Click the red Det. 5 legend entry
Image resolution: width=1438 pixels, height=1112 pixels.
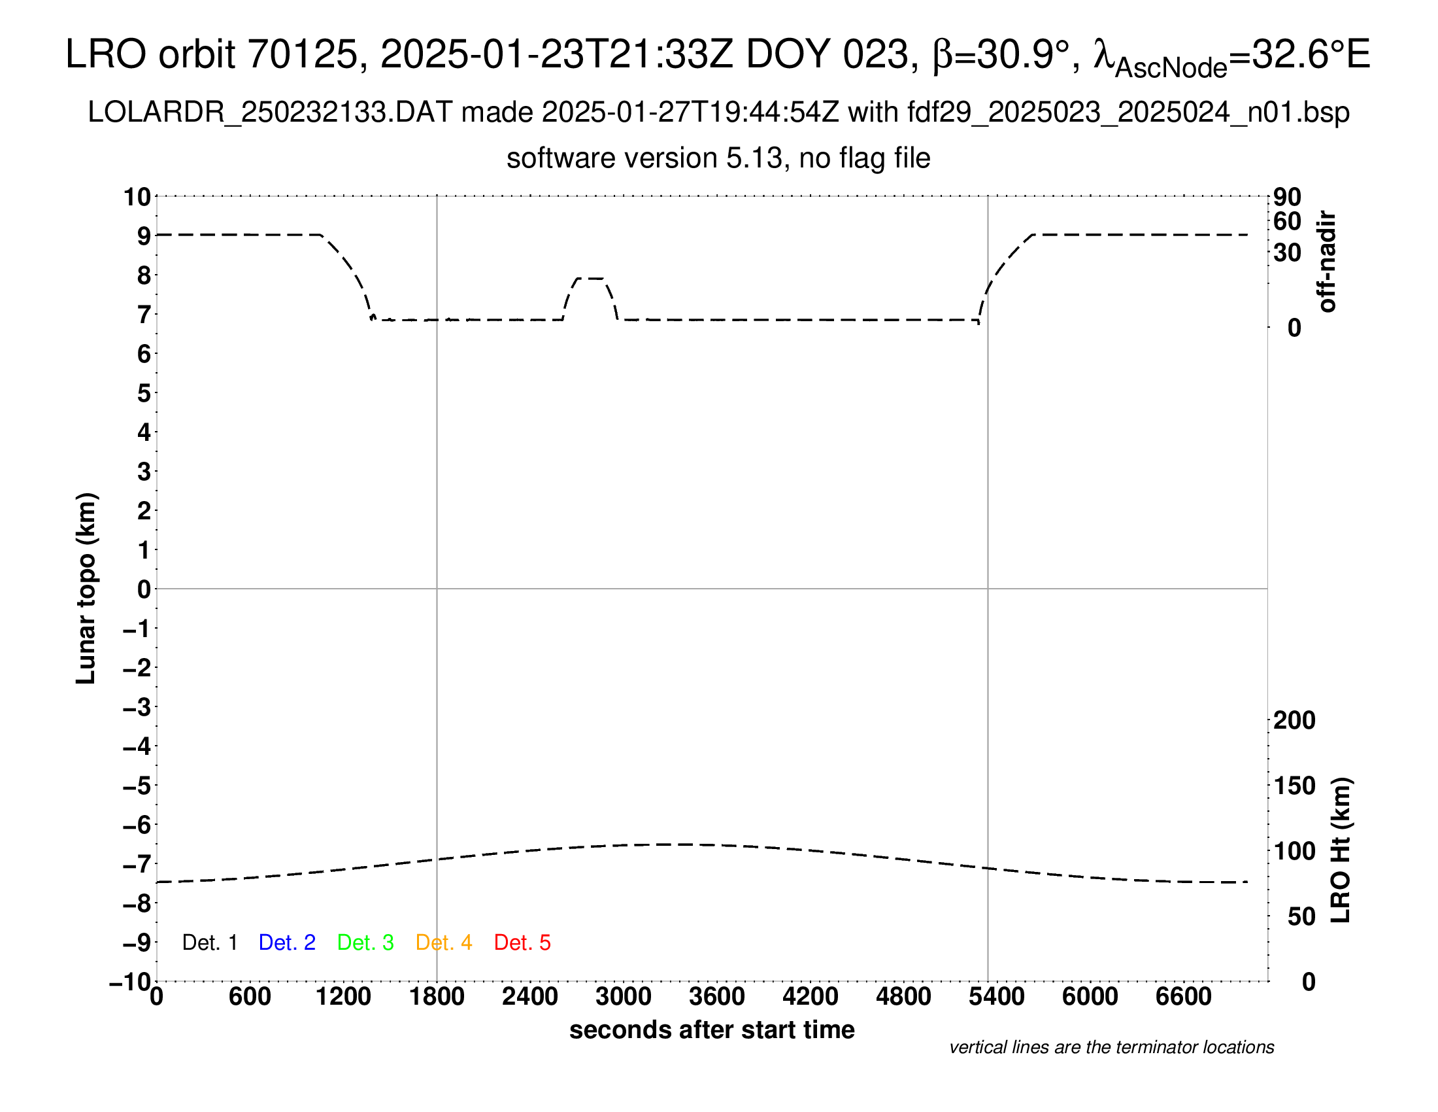tap(522, 943)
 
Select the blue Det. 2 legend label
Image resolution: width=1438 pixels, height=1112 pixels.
tap(287, 943)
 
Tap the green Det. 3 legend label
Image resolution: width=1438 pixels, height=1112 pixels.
tap(365, 943)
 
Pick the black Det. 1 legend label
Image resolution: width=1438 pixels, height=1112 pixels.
tap(209, 943)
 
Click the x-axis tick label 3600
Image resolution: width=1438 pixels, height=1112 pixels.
tap(717, 997)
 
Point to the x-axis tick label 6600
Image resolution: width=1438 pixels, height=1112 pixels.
tap(1183, 997)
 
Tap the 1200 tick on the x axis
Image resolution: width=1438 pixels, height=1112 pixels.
tap(343, 997)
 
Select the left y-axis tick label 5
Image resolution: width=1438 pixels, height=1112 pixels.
tap(144, 393)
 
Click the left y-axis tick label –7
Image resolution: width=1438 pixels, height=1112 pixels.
tap(137, 863)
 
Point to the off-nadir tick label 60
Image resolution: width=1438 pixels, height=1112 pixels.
tap(1287, 221)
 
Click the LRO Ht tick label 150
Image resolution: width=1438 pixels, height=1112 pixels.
tap(1294, 785)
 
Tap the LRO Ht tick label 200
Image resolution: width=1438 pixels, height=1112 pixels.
tap(1294, 720)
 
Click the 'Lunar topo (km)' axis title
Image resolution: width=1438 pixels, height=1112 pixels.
tap(86, 588)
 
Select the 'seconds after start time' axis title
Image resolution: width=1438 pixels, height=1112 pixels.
tap(712, 1030)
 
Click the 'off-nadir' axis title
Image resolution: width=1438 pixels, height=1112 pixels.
tap(1327, 262)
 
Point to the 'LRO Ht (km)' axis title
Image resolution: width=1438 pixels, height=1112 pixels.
tap(1341, 850)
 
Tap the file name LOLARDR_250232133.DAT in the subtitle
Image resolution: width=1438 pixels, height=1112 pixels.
tap(270, 113)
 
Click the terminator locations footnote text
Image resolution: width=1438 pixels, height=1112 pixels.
tap(1111, 1047)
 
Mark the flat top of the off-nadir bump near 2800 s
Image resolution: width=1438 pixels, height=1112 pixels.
tap(590, 279)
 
